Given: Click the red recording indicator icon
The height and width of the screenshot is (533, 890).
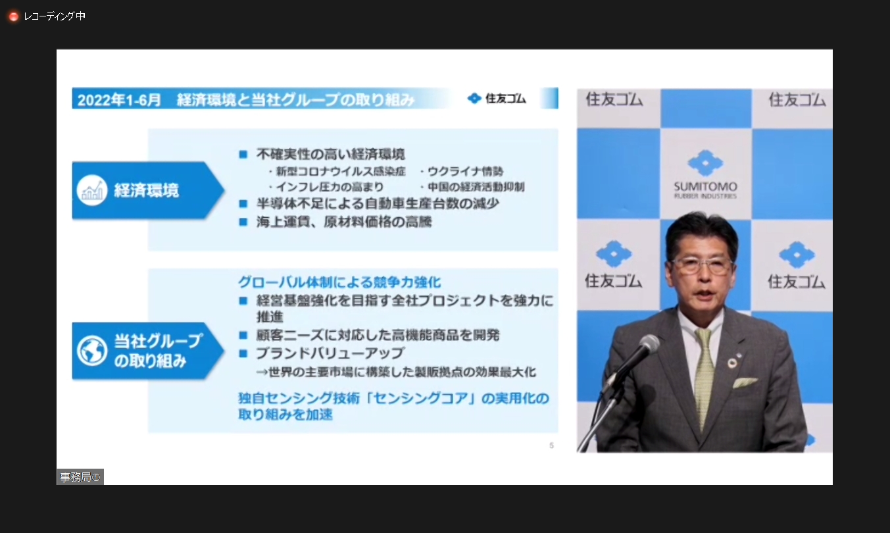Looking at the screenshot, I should coord(13,16).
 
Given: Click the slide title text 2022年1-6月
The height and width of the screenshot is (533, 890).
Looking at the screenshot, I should coord(119,100).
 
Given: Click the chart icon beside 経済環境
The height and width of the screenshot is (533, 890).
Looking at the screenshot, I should coord(91,190).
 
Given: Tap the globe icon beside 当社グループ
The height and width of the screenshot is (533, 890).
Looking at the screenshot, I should coord(92,351).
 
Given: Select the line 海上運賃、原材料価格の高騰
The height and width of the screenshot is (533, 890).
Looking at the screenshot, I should coord(343,222).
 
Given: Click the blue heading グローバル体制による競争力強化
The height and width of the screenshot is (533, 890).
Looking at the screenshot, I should coord(339,282).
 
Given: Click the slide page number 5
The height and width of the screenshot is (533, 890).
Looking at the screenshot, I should coord(551,445).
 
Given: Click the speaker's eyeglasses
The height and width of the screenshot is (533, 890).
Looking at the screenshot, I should coord(702,265).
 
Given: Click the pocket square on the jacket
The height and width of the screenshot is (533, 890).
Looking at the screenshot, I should coord(745,382).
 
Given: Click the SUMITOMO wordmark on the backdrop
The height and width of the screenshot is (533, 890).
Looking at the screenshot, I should coord(705,187).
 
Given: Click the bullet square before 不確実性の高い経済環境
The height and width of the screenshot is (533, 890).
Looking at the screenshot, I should coord(243,154).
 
